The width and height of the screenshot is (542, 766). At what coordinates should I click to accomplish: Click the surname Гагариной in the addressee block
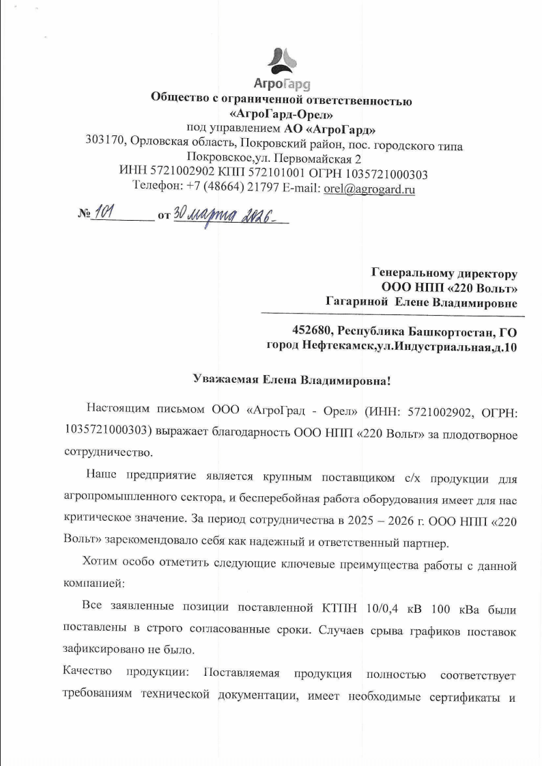(357, 302)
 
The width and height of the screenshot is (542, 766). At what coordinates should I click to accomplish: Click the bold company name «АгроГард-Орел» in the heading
(281, 114)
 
